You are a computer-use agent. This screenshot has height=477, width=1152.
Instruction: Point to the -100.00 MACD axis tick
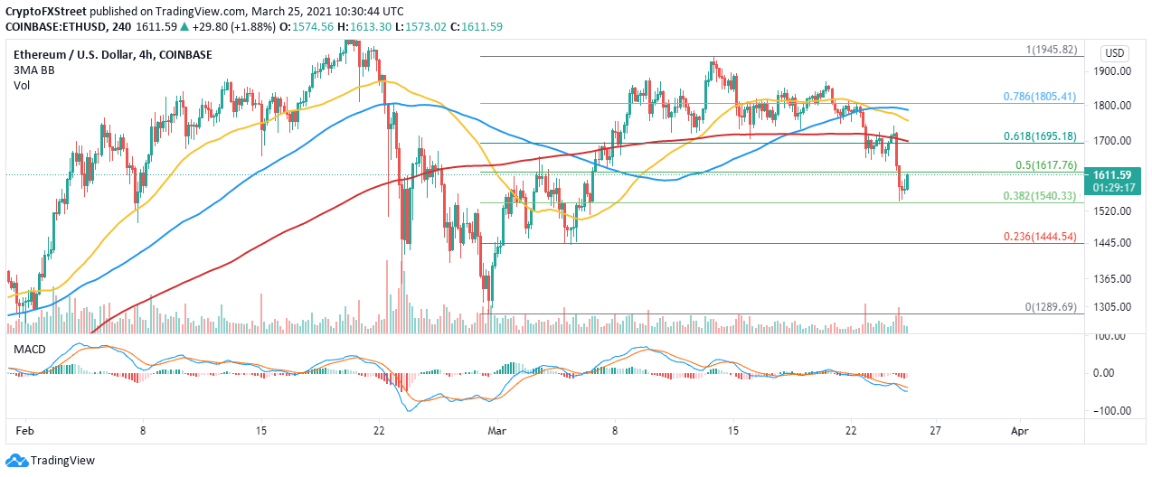1110,410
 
